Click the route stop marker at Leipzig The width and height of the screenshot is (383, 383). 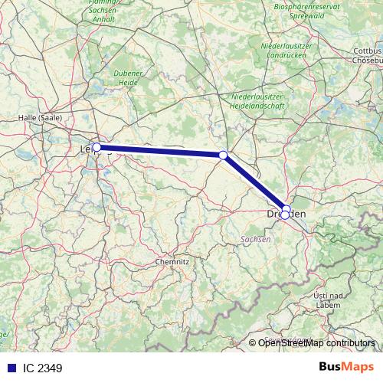coord(97,147)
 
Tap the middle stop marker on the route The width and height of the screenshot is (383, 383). coord(223,155)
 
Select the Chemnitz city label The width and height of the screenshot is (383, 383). coord(172,261)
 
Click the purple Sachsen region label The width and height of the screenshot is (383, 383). coord(256,239)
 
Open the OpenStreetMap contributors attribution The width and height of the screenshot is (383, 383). coord(316,343)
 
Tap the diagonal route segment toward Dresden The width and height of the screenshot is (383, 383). coord(253,181)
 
